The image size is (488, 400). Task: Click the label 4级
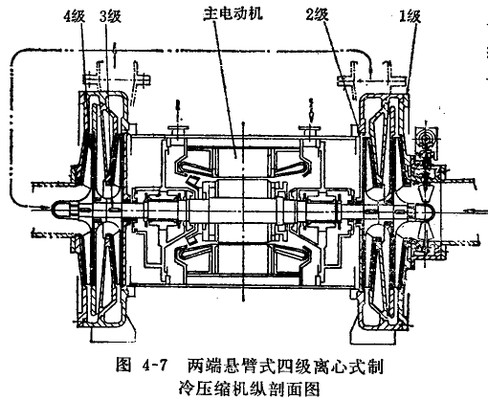pos(75,16)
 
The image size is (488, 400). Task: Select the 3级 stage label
pos(110,16)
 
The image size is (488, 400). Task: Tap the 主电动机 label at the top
pos(233,13)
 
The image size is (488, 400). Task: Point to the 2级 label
pos(318,14)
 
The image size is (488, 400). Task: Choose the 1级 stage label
pos(410,16)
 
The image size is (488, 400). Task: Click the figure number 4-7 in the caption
pos(156,366)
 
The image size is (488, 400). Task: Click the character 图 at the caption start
pos(123,365)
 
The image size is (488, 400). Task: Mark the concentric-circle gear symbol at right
pos(427,137)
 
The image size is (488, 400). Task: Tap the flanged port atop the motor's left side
pos(179,131)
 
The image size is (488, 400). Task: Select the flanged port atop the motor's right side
pos(310,131)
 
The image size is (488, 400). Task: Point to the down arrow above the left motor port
pos(178,109)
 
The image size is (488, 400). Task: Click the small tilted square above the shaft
pos(192,182)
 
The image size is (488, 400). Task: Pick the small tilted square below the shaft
pos(190,240)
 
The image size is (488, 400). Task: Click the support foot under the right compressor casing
pos(373,335)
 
